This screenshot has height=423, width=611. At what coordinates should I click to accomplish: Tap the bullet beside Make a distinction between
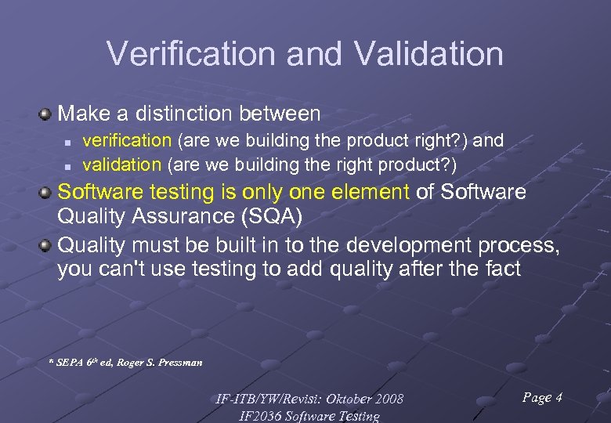coord(46,114)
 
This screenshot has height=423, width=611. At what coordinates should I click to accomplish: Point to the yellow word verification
coord(127,140)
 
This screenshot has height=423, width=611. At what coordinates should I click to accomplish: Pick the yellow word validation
coord(121,164)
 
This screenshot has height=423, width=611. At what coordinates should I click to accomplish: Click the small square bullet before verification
coord(68,142)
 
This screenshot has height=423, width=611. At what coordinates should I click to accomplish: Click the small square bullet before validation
coord(68,166)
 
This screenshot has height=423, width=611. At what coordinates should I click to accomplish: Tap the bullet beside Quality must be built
coord(46,246)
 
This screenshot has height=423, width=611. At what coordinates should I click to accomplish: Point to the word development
coord(400,245)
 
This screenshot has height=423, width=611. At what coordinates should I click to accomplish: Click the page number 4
coord(559,397)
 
